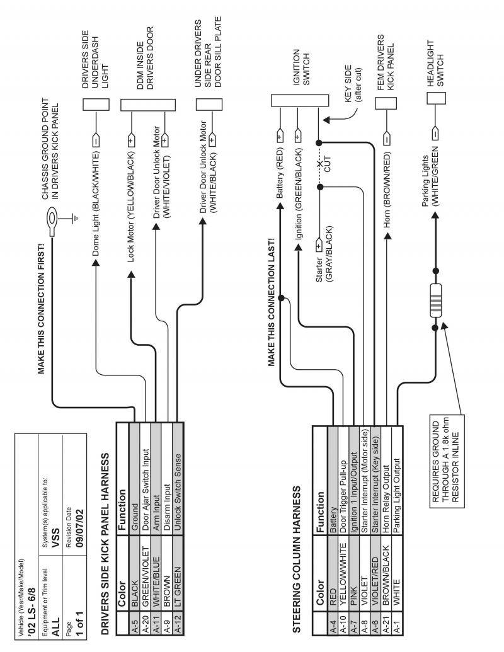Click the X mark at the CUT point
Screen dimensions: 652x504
(319, 164)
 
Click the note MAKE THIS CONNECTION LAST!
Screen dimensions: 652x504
(272, 302)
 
